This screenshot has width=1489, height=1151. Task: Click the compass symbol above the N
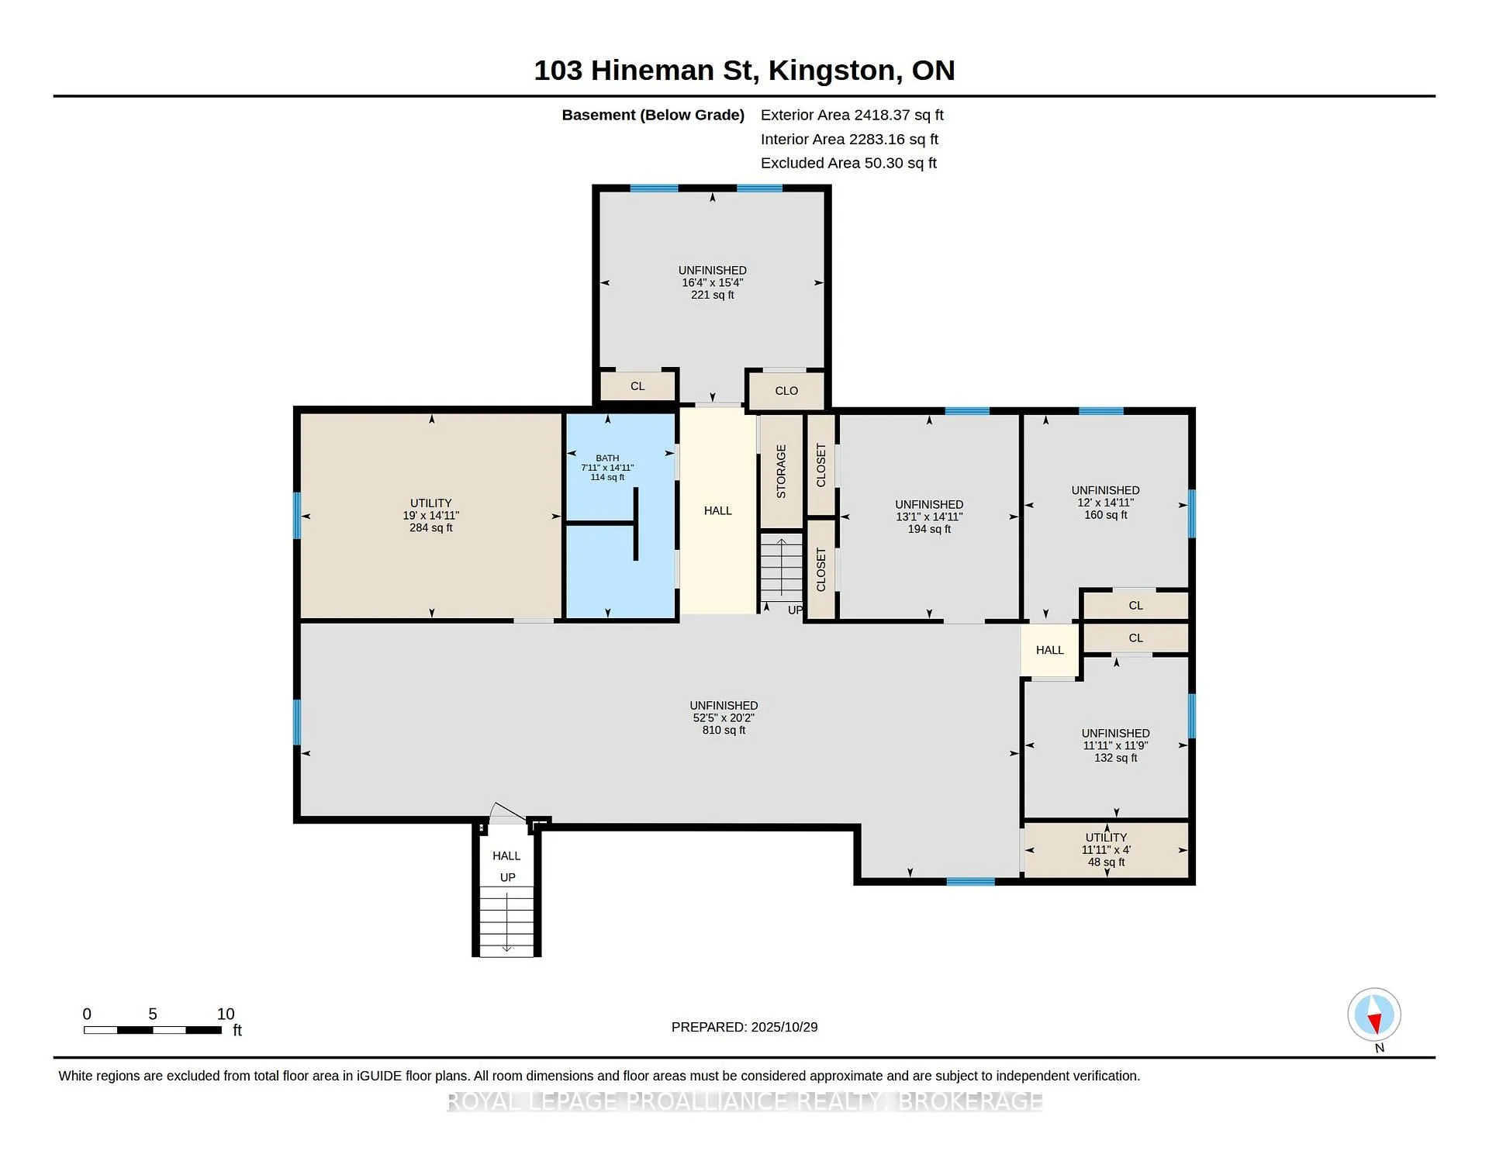[x=1373, y=1014]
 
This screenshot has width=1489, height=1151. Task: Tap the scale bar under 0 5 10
[x=153, y=1030]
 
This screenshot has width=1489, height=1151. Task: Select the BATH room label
[x=607, y=458]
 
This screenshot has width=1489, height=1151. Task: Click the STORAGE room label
[x=781, y=471]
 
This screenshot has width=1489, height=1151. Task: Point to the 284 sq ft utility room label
[x=431, y=515]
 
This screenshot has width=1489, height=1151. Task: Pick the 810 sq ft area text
[x=724, y=730]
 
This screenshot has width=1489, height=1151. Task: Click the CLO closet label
[x=786, y=390]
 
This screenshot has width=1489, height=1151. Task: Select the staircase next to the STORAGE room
[x=781, y=568]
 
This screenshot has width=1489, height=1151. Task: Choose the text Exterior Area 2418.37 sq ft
[x=852, y=115]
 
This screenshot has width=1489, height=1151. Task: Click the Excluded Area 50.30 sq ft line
[x=848, y=163]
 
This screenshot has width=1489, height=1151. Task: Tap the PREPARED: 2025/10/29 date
[x=744, y=1027]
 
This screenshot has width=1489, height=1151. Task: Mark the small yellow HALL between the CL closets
[x=1050, y=650]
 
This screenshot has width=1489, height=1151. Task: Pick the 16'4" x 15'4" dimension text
[x=712, y=282]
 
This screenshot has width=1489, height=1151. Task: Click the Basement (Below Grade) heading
[x=653, y=115]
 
